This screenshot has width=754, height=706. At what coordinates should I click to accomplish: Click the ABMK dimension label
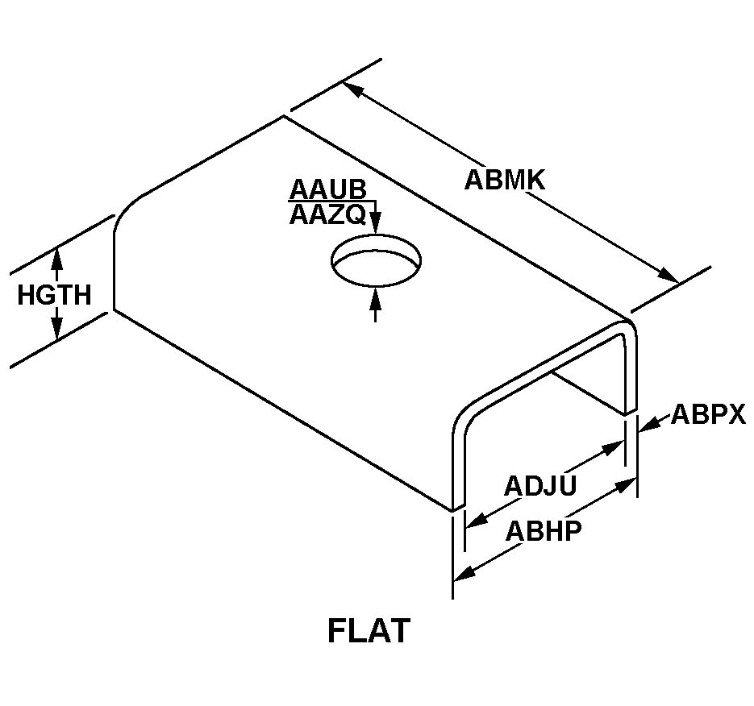click(505, 181)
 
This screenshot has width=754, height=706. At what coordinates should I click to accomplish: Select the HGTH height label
click(54, 295)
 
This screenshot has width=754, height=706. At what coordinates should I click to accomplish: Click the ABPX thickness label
click(708, 414)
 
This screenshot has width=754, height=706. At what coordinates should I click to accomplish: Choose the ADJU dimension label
click(540, 486)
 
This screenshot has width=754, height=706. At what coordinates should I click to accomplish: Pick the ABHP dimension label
click(544, 531)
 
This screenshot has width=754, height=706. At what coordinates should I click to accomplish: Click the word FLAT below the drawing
click(369, 631)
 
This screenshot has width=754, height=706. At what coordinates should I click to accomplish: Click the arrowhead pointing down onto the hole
click(376, 224)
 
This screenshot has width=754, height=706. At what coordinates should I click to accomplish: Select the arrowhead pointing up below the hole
click(376, 299)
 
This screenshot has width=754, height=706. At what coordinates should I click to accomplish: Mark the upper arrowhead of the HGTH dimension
click(57, 258)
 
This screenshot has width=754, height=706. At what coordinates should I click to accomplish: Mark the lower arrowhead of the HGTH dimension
click(57, 329)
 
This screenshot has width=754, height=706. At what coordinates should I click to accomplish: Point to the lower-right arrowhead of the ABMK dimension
click(669, 275)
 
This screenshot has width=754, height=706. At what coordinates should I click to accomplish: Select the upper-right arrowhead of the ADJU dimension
click(614, 448)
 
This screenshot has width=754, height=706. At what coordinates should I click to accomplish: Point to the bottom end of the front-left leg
click(458, 508)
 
